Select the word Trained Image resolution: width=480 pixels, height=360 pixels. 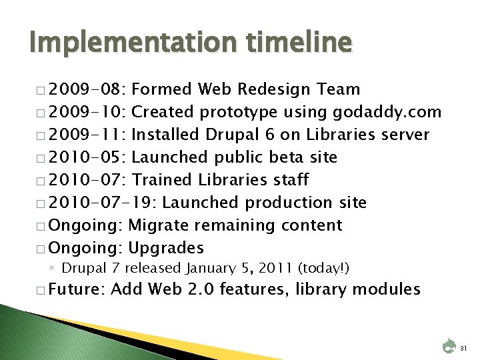pos(161,180)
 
